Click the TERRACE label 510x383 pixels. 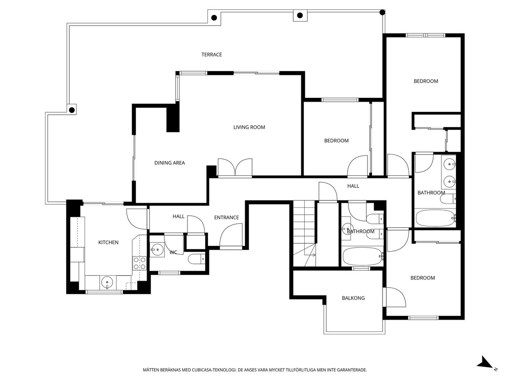point(212,54)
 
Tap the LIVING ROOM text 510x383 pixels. point(249,127)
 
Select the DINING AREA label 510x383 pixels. point(170,163)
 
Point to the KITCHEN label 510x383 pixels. point(108,242)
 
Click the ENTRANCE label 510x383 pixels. point(226,217)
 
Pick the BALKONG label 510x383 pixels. point(353,298)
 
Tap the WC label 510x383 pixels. point(173,252)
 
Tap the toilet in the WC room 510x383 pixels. point(196,259)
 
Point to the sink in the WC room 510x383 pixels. point(157,249)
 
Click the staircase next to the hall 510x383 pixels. point(304,234)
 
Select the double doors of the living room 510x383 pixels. point(235,167)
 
